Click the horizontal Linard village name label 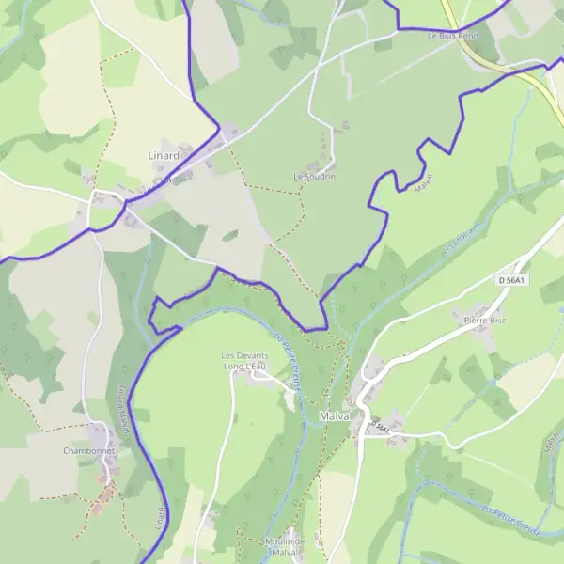point(163,154)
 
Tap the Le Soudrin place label point(314,176)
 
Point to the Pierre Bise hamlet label point(485,320)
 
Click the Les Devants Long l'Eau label point(244,360)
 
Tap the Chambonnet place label point(88,451)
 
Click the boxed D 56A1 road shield point(513,279)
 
